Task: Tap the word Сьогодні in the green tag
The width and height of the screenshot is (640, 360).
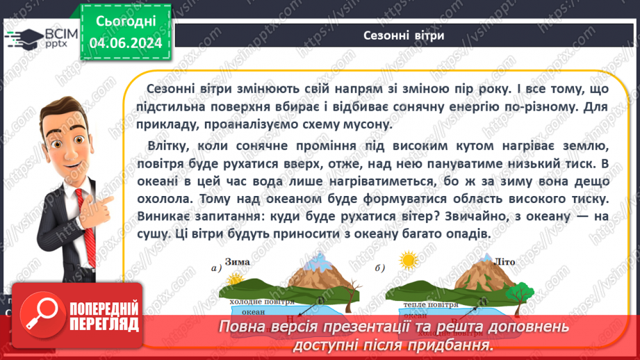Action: point(126,22)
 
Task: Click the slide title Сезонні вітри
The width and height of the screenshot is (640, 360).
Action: point(404,35)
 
